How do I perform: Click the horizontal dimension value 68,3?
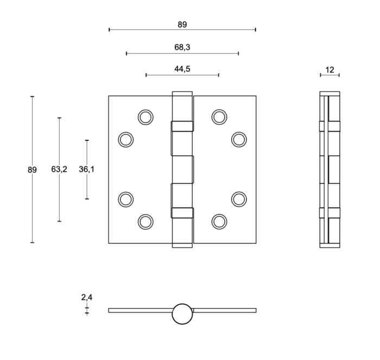coord(182,47)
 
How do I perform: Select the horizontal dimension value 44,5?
coord(182,69)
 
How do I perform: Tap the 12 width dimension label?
coord(330,69)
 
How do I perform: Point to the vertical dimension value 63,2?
coord(59,169)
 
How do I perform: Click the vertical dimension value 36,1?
coord(87,169)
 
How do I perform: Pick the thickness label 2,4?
coord(87,297)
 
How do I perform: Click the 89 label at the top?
coord(182,24)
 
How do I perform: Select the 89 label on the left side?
coord(32,170)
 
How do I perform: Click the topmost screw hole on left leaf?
coord(145,117)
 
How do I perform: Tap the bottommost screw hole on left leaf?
coord(145,221)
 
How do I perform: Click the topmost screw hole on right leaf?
coord(219,117)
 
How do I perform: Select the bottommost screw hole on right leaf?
coord(219,221)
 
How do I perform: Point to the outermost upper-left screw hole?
coord(126,139)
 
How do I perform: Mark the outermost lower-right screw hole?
coord(239,199)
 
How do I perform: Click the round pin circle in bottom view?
coord(182,313)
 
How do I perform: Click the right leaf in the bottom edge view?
coord(225,311)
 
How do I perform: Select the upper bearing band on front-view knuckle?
coord(182,126)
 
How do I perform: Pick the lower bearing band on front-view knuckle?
coord(182,213)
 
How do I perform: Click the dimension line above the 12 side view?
coord(330,75)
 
